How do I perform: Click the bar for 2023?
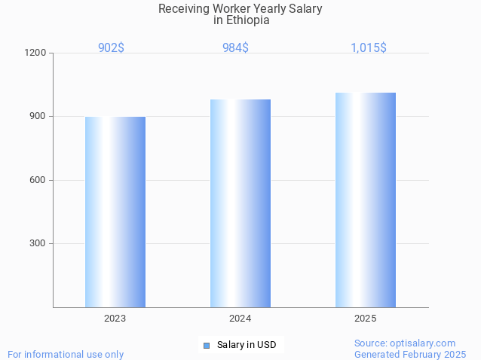(115, 212)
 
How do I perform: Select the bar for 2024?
(240, 203)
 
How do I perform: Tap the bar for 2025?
(366, 200)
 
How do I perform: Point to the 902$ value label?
(111, 47)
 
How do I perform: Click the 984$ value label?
(235, 47)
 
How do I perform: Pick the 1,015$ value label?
(369, 47)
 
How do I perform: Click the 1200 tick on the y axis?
(36, 53)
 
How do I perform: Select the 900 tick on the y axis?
(38, 116)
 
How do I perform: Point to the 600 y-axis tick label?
(38, 180)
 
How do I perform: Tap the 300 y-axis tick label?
(38, 243)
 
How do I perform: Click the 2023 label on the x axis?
(115, 319)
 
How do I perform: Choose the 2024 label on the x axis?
(240, 319)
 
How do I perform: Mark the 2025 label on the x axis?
(366, 319)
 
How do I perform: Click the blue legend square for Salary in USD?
(206, 345)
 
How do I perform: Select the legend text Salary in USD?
(247, 345)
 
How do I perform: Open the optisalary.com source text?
(405, 343)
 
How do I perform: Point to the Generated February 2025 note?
(410, 354)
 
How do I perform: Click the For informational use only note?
(66, 354)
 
